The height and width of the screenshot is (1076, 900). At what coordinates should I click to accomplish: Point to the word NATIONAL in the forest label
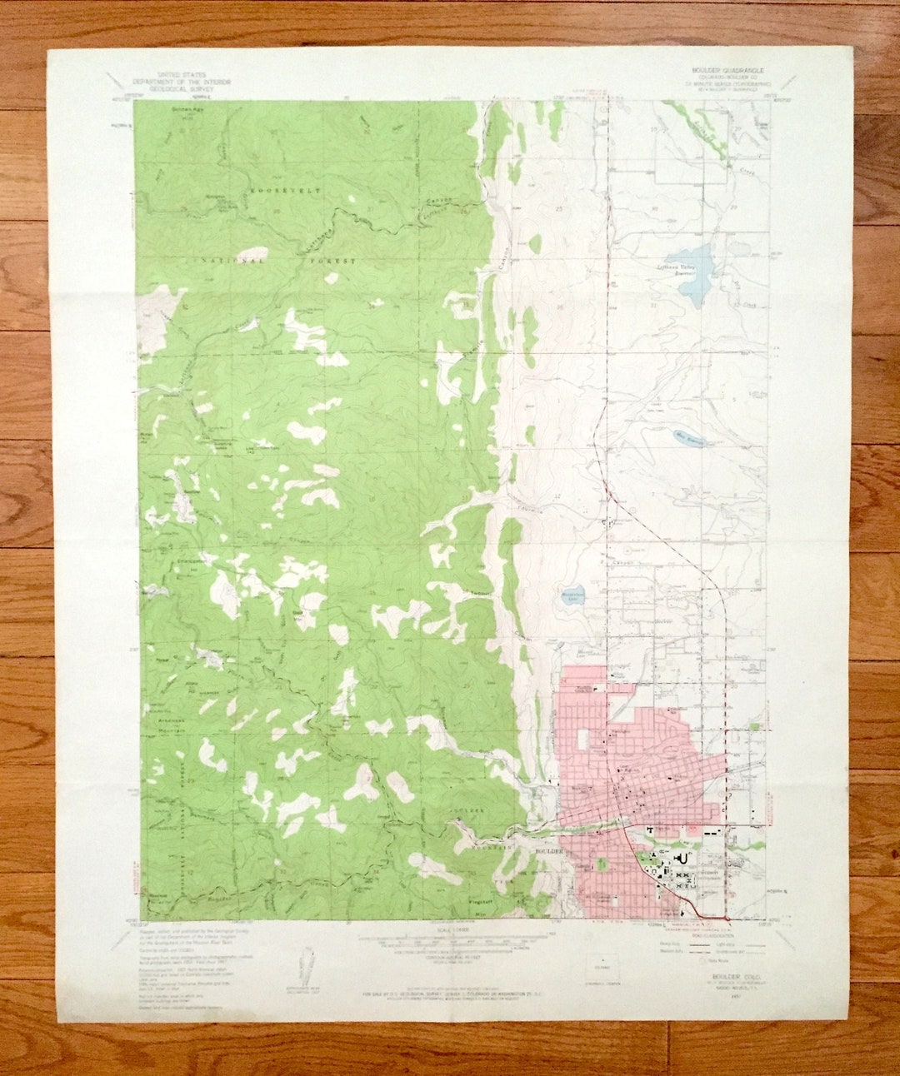pos(231,260)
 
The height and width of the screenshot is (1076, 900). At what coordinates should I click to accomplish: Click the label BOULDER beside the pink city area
pos(547,851)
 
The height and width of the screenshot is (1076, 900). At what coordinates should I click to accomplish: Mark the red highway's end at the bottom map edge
pos(728,918)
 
